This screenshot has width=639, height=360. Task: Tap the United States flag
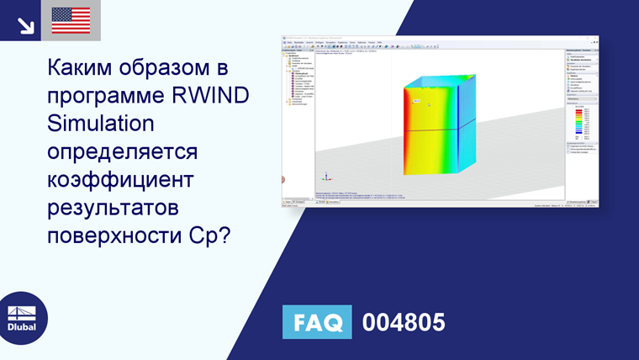(x=71, y=20)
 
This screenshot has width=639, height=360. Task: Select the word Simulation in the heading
(x=100, y=123)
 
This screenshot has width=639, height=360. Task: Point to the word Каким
(x=84, y=66)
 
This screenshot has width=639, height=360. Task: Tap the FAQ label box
(x=317, y=322)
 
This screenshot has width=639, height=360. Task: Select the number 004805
(x=403, y=322)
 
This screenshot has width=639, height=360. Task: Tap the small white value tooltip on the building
(x=415, y=100)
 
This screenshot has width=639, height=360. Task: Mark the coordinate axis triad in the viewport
(x=326, y=177)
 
